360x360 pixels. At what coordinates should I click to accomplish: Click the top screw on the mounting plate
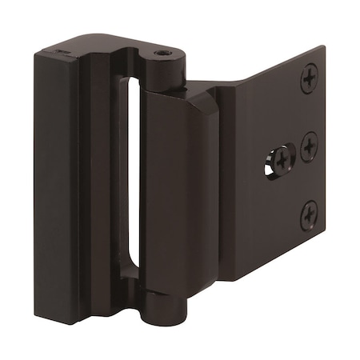pos(309,78)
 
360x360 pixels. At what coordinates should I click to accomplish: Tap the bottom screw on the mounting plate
pos(309,215)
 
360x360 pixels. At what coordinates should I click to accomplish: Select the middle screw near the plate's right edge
pos(309,147)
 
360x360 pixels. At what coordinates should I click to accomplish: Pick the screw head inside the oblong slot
pos(282,161)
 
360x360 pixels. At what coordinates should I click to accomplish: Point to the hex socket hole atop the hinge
pos(163,54)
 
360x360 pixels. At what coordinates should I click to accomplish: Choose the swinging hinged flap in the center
pos(180,192)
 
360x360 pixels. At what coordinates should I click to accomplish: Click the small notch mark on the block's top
pos(61,51)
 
